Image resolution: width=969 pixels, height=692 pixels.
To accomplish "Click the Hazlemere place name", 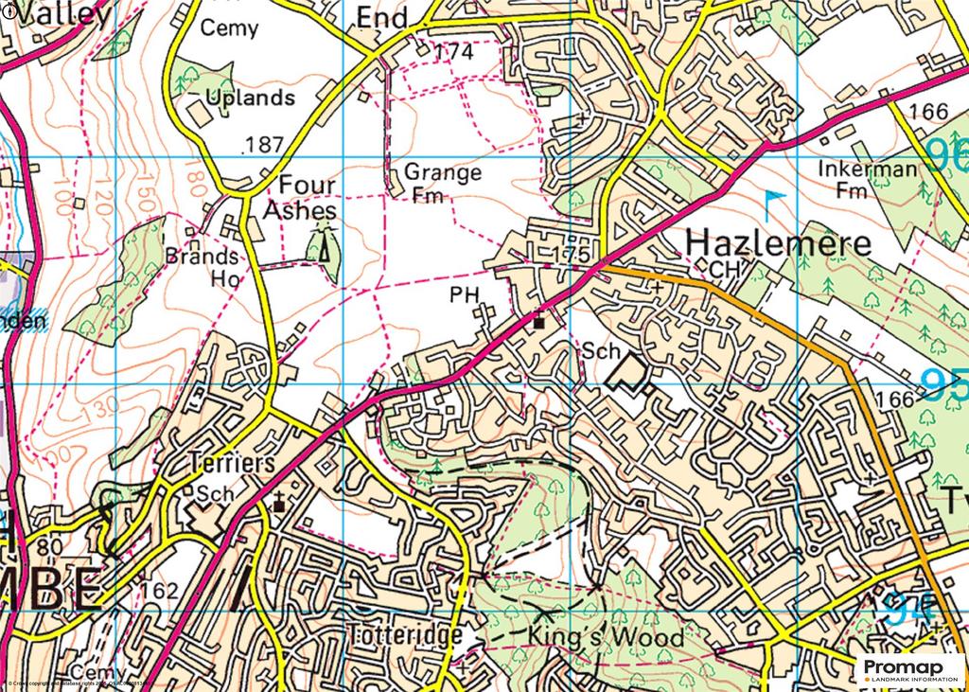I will click(x=777, y=242).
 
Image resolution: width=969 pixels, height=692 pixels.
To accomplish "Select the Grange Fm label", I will click(x=442, y=183).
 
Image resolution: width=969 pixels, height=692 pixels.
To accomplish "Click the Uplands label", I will click(x=250, y=98).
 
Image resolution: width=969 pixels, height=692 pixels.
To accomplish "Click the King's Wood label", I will click(x=606, y=636).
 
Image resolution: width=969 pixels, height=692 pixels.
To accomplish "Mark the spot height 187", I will click(x=263, y=145).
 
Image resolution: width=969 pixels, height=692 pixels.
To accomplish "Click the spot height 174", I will click(x=451, y=53).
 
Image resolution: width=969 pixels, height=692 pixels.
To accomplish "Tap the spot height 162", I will click(x=157, y=591).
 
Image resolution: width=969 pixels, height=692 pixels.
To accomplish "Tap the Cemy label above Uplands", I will click(x=229, y=28).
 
